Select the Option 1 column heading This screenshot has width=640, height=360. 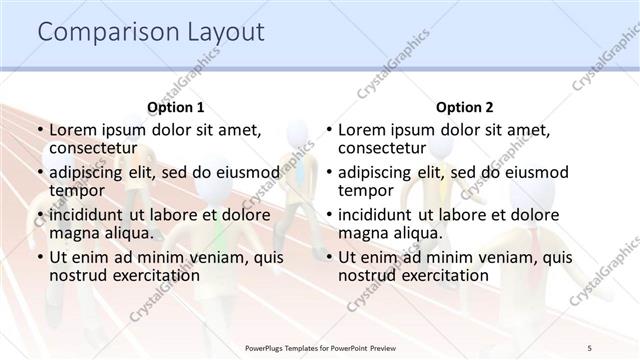175,107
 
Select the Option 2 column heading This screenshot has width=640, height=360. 465,107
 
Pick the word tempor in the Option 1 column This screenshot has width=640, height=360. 76,190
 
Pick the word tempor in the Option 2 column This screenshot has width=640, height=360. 366,190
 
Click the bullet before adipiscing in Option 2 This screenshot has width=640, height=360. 329,172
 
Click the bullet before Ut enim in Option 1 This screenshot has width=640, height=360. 39,257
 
